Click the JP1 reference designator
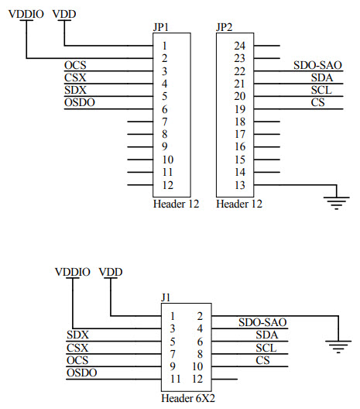162,27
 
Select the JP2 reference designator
224,27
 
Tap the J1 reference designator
166,296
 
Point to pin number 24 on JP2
240,46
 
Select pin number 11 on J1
174,380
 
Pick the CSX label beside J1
77,348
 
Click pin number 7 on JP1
165,122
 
